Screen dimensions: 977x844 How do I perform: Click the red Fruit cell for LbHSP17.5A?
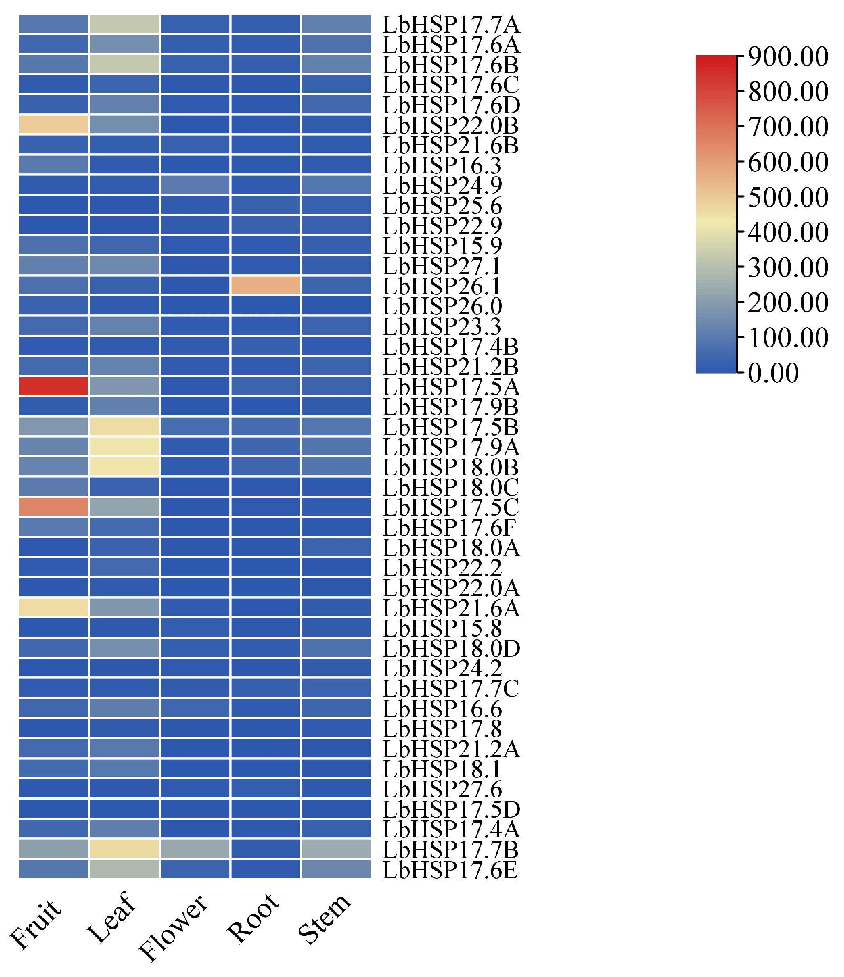tap(53, 386)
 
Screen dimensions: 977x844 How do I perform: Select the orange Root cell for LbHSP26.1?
tap(265, 285)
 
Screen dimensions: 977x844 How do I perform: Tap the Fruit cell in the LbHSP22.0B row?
tap(53, 125)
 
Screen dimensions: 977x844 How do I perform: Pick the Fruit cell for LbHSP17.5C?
tap(53, 506)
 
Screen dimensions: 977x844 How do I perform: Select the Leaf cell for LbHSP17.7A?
tap(124, 24)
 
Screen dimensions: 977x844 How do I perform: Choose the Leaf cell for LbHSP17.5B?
tap(124, 426)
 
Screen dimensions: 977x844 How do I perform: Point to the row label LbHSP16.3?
tap(442, 165)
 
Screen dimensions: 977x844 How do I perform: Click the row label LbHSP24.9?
tap(442, 185)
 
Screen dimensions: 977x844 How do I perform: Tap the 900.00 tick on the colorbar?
tap(788, 56)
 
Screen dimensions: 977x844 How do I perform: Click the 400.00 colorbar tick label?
tap(788, 232)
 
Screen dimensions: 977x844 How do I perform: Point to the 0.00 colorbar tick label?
tap(773, 372)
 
